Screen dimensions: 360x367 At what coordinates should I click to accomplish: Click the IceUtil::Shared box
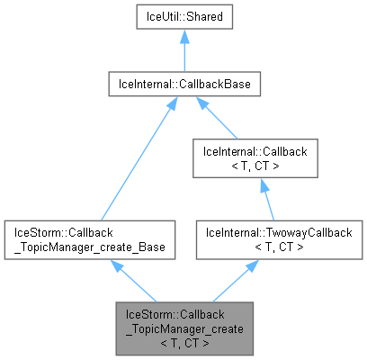(184, 17)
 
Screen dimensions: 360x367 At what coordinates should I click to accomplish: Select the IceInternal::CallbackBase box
(184, 85)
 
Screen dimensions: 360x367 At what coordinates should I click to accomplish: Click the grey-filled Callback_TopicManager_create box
(183, 328)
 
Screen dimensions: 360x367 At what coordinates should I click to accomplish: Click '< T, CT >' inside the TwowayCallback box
(260, 245)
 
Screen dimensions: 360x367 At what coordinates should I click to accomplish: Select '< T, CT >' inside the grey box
(183, 342)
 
